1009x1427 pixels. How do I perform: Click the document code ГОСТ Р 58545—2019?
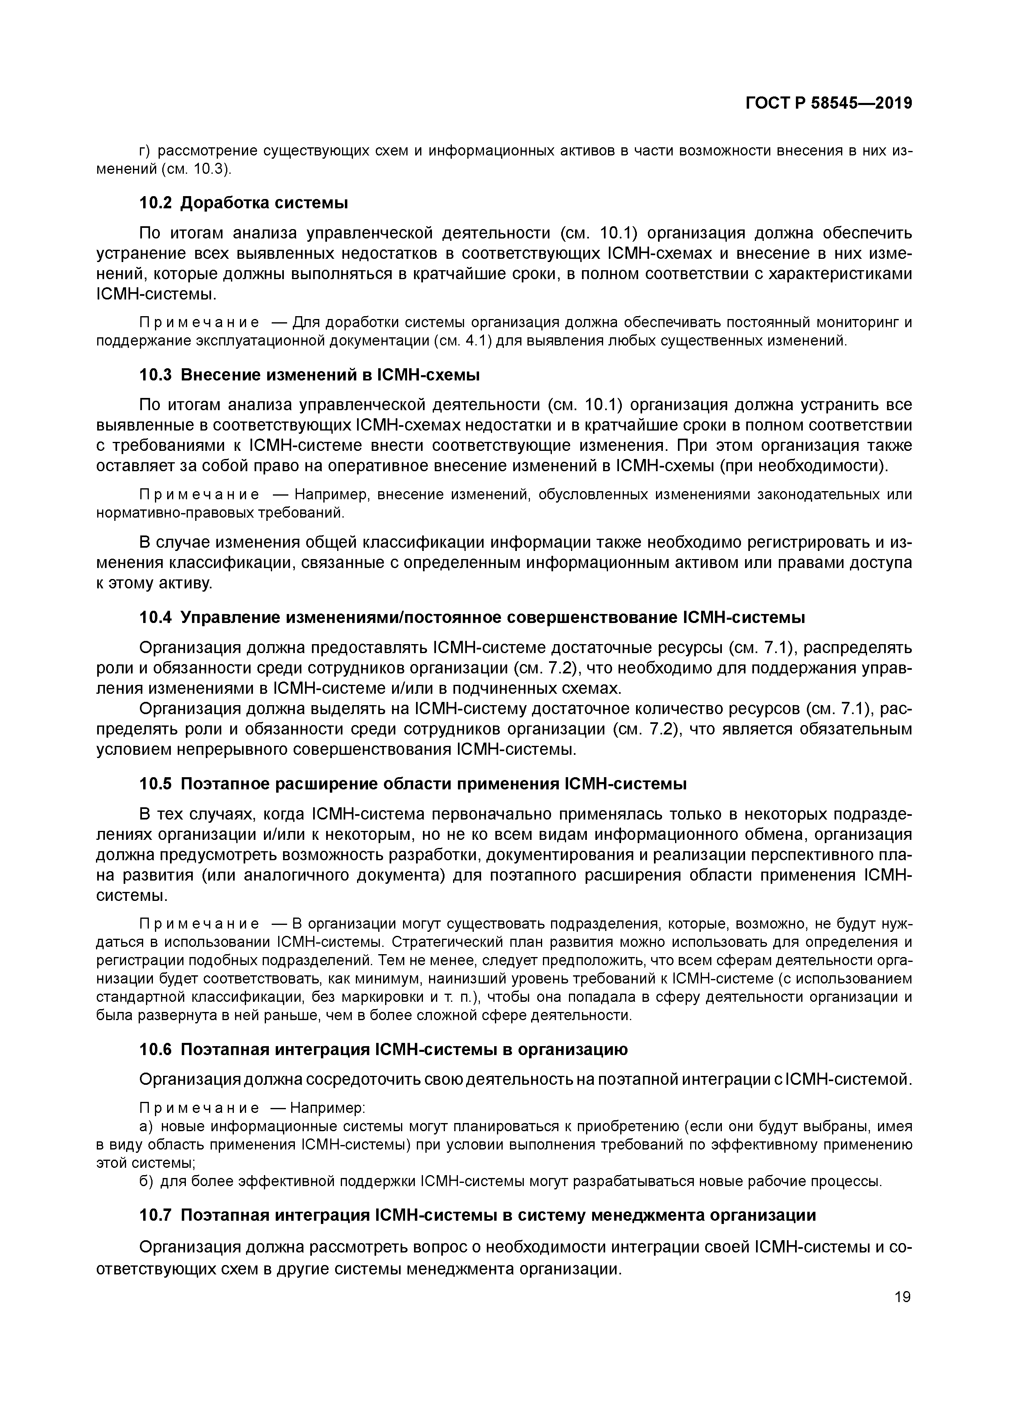point(828,103)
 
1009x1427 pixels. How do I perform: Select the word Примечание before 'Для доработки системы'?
point(199,323)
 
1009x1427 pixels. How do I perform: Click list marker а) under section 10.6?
point(146,1126)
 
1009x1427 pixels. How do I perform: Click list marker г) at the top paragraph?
point(145,151)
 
